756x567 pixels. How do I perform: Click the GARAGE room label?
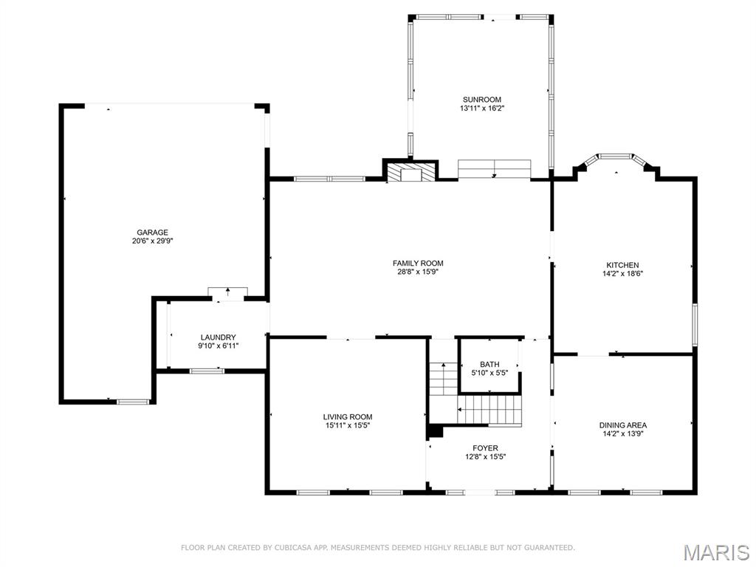pos(152,233)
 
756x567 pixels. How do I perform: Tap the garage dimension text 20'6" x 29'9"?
pos(152,241)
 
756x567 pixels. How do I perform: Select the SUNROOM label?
pos(482,100)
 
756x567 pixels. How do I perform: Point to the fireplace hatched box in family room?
pos(410,173)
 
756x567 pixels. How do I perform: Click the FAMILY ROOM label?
pos(418,263)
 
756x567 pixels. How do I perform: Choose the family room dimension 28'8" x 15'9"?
pos(418,272)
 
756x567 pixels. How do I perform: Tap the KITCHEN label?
pos(622,265)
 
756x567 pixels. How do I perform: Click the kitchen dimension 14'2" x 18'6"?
pos(622,274)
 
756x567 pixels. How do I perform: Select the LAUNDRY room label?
pos(218,337)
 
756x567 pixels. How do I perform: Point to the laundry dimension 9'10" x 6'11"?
pos(218,346)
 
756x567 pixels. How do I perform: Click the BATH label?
pos(489,364)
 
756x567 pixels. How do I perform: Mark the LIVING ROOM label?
pos(347,417)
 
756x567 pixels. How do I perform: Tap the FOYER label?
pos(485,448)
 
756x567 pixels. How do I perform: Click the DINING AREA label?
pos(622,425)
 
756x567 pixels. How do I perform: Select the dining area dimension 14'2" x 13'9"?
pos(622,434)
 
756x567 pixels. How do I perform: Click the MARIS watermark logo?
pos(715,551)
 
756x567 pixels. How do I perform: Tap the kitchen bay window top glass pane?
pos(616,157)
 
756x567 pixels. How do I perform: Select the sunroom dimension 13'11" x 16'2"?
pos(482,109)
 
